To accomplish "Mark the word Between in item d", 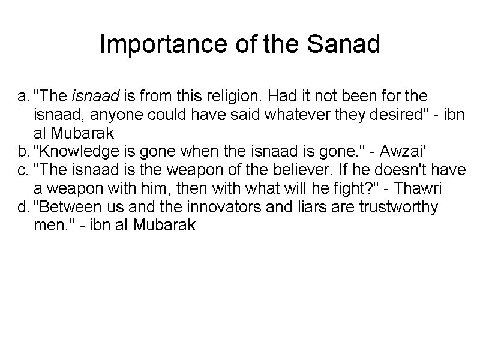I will pos(63,208).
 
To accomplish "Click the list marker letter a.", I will pos(22,96).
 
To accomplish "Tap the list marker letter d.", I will pos(22,208).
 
